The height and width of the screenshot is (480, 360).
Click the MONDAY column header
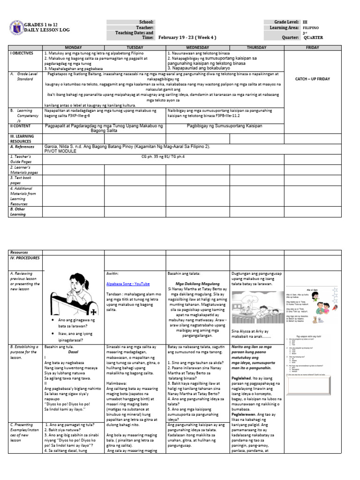(x=73, y=48)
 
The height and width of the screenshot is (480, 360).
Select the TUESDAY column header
(x=135, y=48)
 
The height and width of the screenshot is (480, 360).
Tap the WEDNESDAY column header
(x=197, y=48)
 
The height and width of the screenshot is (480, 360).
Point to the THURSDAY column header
(x=256, y=48)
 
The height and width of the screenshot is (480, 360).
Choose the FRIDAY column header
(x=312, y=48)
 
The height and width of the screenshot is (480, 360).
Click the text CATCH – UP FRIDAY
(x=312, y=79)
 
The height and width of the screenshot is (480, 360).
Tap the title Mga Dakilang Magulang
(x=197, y=284)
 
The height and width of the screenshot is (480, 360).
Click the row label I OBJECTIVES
(x=22, y=53)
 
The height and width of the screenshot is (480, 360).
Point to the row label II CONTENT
(x=21, y=126)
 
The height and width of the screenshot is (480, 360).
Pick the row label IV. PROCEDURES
(x=25, y=258)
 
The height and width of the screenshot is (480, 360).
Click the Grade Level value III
(x=305, y=22)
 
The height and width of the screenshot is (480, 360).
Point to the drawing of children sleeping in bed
(x=256, y=306)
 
